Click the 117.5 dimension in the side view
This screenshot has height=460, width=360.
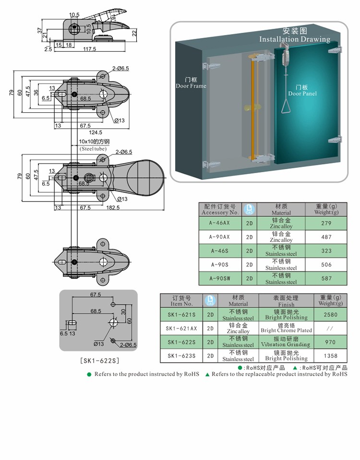pos(89,49)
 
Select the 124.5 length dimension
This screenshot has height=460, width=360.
pos(96,132)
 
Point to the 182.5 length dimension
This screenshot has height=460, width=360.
pos(113,208)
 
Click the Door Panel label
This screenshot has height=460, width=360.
pos(302,90)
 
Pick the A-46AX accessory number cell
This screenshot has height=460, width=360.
pos(220,223)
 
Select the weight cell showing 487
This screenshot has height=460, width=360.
pos(326,237)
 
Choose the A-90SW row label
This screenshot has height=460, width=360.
pos(220,279)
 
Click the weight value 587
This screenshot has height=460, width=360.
pos(326,279)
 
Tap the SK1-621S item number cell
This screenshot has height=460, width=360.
pos(181,315)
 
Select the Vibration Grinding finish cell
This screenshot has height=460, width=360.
pos(286,342)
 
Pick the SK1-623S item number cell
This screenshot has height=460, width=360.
pos(181,356)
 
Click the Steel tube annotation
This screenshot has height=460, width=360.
pos(93,149)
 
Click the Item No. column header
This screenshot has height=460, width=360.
pos(181,301)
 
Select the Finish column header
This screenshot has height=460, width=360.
pos(286,301)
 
